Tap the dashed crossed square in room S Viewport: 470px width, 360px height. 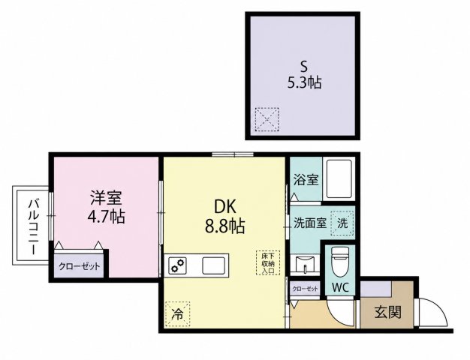pos(267,119)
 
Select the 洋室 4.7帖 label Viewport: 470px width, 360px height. pos(106,207)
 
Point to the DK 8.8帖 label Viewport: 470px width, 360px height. pos(224,216)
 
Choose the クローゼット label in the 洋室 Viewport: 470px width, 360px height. pos(79,266)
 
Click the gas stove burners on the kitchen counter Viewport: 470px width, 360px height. pos(176,265)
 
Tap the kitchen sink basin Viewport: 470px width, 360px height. pos(213,265)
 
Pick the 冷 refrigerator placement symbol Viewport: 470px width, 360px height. pos(177,313)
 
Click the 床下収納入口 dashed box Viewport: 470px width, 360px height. pos(268,262)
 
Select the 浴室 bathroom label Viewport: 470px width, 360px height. pos(306,180)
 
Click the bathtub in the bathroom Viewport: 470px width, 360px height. pos(339,178)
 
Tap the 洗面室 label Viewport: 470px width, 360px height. pos(310,223)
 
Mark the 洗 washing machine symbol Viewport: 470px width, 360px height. pos(342,223)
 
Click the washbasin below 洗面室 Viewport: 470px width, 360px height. pos(305,265)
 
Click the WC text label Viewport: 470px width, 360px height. pos(341,288)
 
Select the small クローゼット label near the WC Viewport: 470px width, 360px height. pos(305,289)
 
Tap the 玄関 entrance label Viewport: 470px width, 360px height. pos(387,313)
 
